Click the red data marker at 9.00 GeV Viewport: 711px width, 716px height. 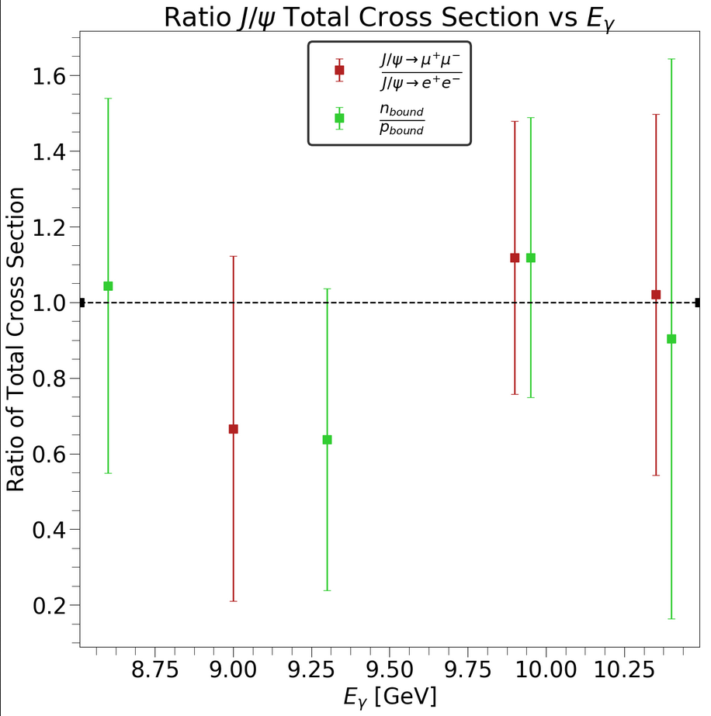233,429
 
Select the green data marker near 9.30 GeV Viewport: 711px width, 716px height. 327,440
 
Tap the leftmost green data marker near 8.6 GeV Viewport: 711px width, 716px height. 108,286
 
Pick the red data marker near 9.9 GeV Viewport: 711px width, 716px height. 515,258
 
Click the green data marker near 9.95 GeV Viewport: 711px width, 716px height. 531,258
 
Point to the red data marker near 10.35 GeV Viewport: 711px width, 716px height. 656,295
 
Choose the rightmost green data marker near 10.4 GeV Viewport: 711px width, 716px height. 671,339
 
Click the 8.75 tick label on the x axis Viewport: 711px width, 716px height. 154,669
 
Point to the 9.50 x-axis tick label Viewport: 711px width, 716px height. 388,669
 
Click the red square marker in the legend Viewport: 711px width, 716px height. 339,71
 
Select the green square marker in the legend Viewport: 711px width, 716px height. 339,119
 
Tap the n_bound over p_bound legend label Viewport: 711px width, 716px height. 401,119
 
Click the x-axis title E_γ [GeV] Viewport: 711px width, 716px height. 390,696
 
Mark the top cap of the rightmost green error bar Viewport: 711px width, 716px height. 671,59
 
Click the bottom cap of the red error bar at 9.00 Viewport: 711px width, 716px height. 233,601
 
